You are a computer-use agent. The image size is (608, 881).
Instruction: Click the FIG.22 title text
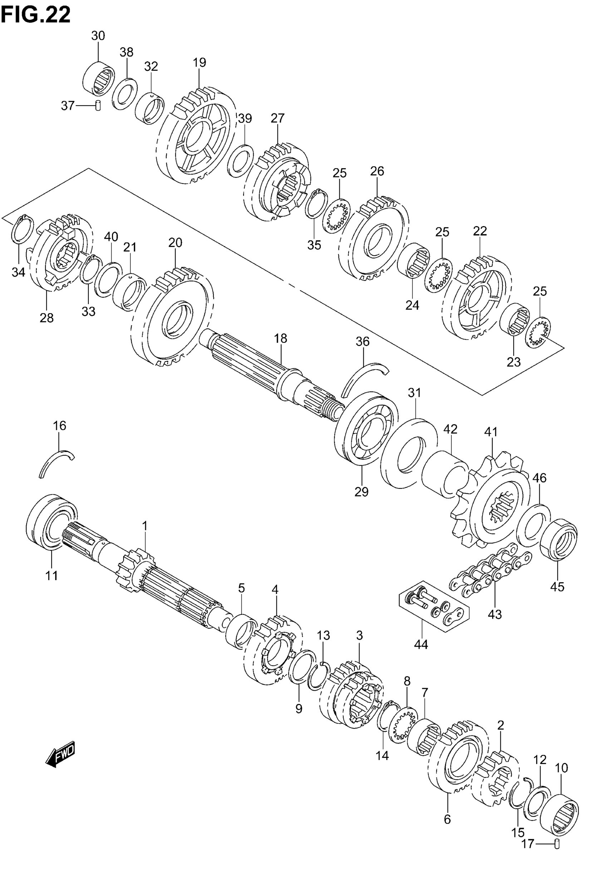click(x=36, y=14)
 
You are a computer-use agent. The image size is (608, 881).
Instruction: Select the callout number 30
click(x=98, y=36)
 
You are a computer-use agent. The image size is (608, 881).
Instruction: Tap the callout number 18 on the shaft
click(x=281, y=339)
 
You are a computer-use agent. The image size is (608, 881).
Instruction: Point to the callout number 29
click(x=361, y=492)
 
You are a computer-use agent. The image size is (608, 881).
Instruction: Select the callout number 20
click(x=175, y=243)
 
